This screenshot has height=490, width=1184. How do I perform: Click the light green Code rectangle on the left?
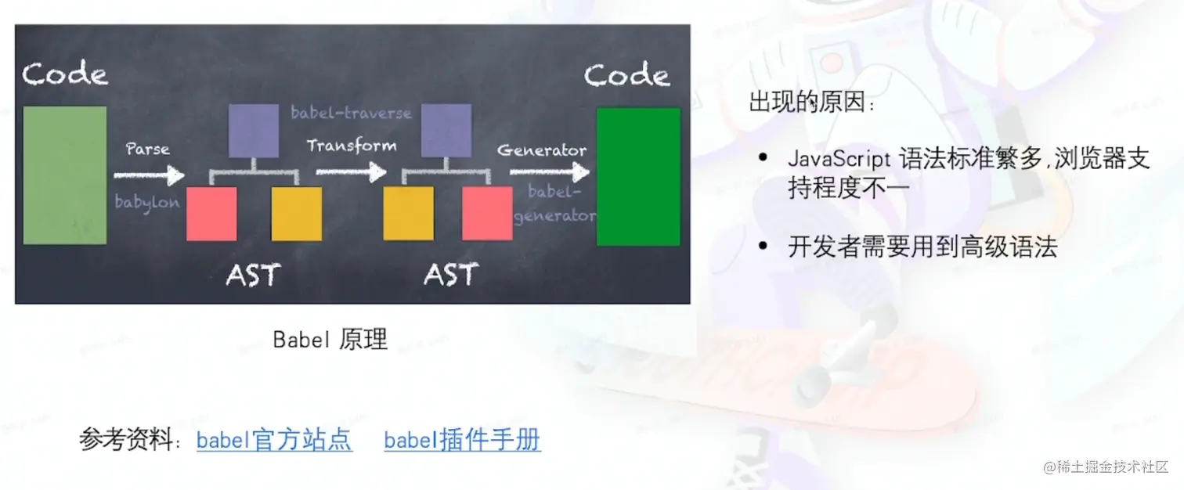[x=64, y=175]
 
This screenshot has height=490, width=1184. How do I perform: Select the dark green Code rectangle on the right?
[x=638, y=177]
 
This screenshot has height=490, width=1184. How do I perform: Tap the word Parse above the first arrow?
[x=148, y=149]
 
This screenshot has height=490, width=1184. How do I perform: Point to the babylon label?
[x=147, y=203]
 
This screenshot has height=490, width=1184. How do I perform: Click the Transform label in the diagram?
[x=352, y=146]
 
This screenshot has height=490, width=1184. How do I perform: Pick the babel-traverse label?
[x=351, y=113]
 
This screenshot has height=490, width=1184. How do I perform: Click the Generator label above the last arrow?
[x=542, y=150]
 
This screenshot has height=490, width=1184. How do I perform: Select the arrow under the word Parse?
[x=149, y=175]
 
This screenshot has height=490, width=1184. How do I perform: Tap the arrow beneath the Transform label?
[x=352, y=171]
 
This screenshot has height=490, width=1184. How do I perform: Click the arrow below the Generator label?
[x=550, y=171]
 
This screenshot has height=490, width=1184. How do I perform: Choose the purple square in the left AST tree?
[x=254, y=131]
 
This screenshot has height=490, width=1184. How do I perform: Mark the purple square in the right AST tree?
[x=446, y=131]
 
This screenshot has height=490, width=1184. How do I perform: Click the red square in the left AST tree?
[x=211, y=214]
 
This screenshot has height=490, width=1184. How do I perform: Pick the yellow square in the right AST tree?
[x=409, y=213]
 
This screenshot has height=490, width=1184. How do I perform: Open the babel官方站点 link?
[x=274, y=440]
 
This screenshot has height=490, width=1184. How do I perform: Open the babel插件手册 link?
[x=462, y=440]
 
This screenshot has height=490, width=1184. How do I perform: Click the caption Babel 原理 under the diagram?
[x=330, y=340]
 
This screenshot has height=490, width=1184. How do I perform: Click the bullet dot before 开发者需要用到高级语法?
[x=763, y=245]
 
